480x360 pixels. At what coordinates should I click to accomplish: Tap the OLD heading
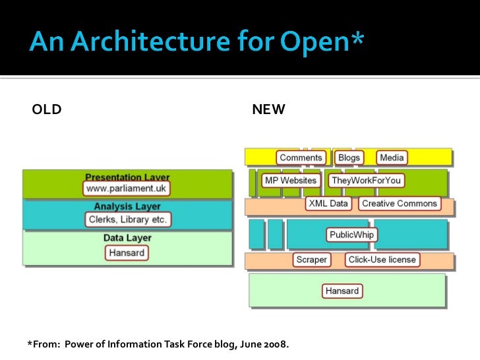pyautogui.click(x=47, y=109)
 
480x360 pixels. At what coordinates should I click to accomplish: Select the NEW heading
pyautogui.click(x=268, y=109)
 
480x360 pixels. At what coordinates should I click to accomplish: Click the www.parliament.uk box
pyautogui.click(x=127, y=189)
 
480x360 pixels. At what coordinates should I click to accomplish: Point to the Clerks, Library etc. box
pyautogui.click(x=128, y=219)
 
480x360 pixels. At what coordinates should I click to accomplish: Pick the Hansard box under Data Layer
pyautogui.click(x=127, y=253)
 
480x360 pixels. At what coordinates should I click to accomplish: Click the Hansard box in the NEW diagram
pyautogui.click(x=342, y=291)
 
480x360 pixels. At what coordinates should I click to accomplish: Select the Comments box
pyautogui.click(x=301, y=158)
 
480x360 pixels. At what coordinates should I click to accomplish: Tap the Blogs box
pyautogui.click(x=349, y=158)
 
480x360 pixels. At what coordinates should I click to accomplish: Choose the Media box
pyautogui.click(x=392, y=158)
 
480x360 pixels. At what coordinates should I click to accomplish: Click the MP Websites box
pyautogui.click(x=290, y=181)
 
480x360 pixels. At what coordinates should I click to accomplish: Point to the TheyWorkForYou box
pyautogui.click(x=366, y=181)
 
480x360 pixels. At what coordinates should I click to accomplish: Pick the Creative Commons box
pyautogui.click(x=400, y=204)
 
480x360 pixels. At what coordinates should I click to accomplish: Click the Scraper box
pyautogui.click(x=311, y=260)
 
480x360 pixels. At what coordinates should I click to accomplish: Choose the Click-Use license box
pyautogui.click(x=382, y=260)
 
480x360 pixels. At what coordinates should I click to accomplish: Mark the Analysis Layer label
pyautogui.click(x=127, y=206)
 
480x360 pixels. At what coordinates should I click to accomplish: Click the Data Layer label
pyautogui.click(x=127, y=238)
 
